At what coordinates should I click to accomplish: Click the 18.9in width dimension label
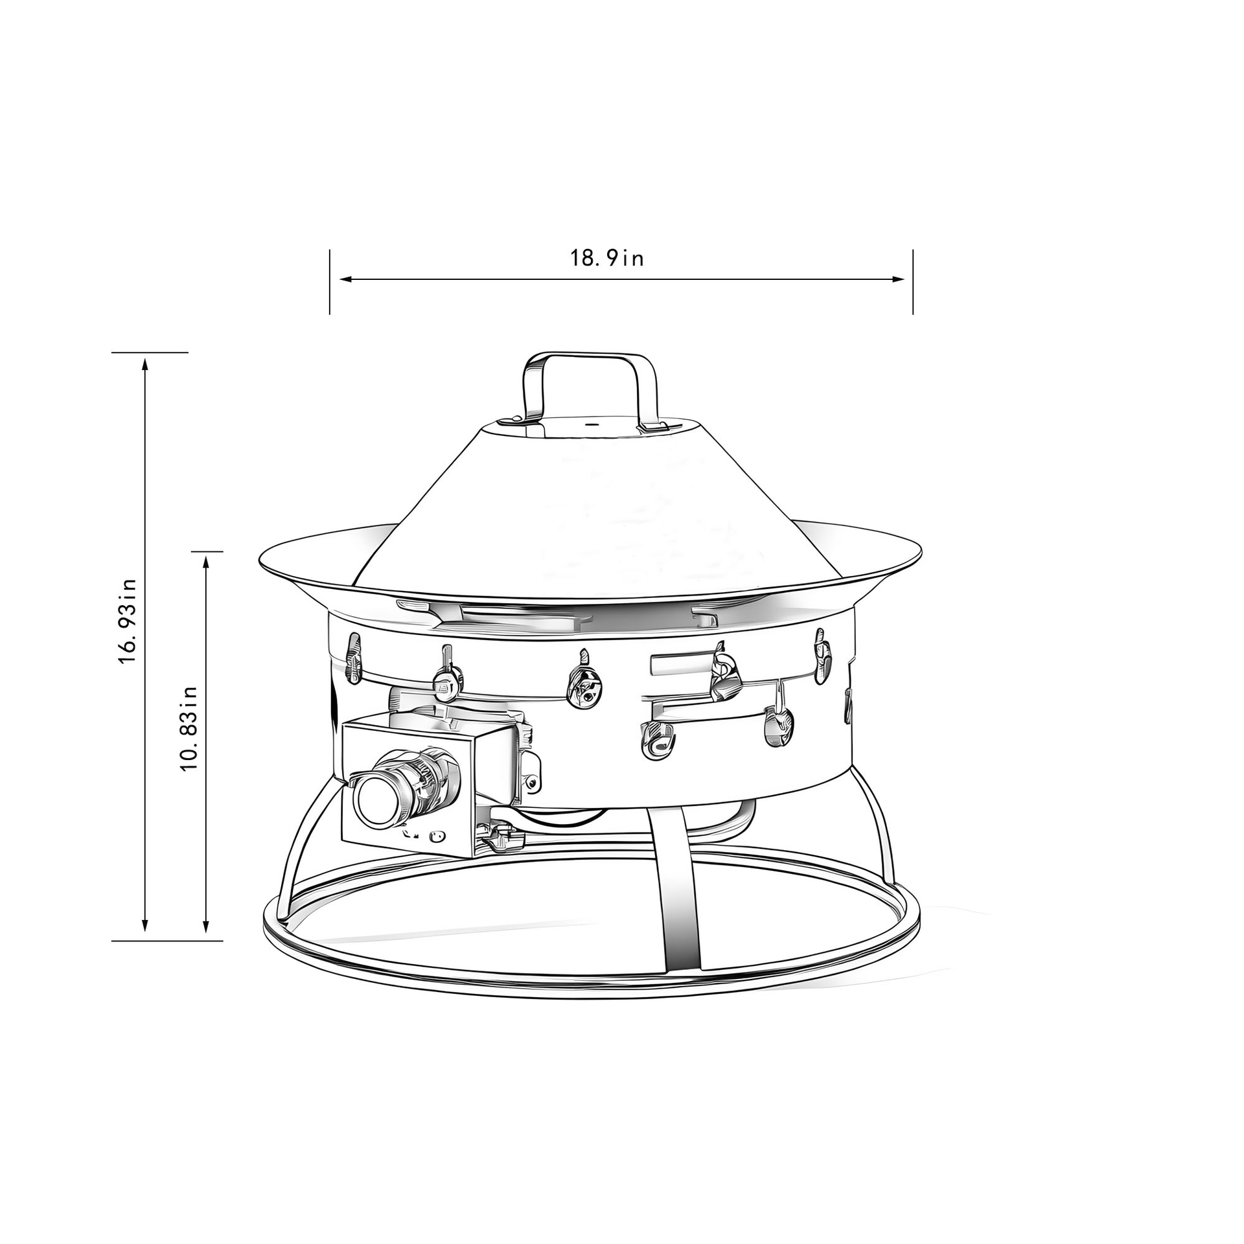[607, 259]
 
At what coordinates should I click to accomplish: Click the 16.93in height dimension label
[127, 620]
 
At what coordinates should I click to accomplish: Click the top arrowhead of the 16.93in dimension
[145, 363]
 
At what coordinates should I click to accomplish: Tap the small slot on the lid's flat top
[590, 425]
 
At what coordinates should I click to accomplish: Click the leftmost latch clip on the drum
[354, 659]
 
